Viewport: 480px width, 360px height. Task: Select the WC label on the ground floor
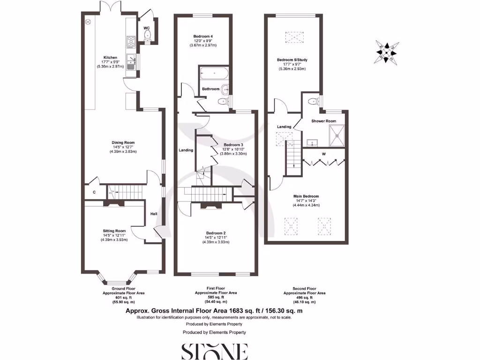[146, 28]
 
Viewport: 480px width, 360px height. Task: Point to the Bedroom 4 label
[203, 36]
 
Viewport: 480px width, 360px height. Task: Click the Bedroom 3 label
[233, 144]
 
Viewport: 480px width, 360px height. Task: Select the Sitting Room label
[115, 231]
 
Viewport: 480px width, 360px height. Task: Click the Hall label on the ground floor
[153, 214]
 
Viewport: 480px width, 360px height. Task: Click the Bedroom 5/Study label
[292, 60]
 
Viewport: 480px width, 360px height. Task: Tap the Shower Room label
[324, 121]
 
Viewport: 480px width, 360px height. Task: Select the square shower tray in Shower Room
[337, 135]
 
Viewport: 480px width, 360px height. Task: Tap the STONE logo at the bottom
[214, 351]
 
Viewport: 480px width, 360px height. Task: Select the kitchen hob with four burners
[130, 42]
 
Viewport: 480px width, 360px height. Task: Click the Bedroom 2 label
[216, 233]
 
